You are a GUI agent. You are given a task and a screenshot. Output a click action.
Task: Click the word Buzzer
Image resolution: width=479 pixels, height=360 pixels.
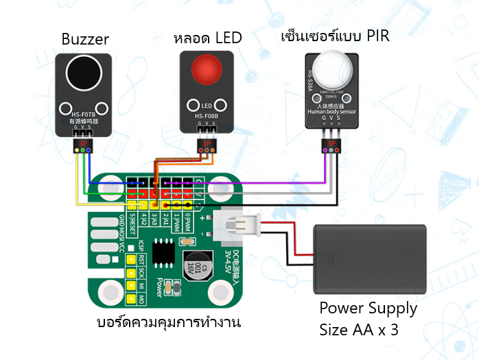pos(85,39)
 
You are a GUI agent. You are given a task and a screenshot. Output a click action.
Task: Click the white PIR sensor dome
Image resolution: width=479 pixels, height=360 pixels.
pos(331,70)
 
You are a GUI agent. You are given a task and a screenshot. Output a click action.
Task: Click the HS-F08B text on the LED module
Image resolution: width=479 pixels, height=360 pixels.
pos(206,117)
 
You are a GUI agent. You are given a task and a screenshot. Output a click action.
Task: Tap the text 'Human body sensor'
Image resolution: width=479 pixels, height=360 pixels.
pos(331,111)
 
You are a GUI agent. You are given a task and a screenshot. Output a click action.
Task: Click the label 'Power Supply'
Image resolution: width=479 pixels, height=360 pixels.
pos(368,308)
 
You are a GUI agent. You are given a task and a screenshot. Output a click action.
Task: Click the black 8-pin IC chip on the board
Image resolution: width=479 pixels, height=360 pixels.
pos(165,252)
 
